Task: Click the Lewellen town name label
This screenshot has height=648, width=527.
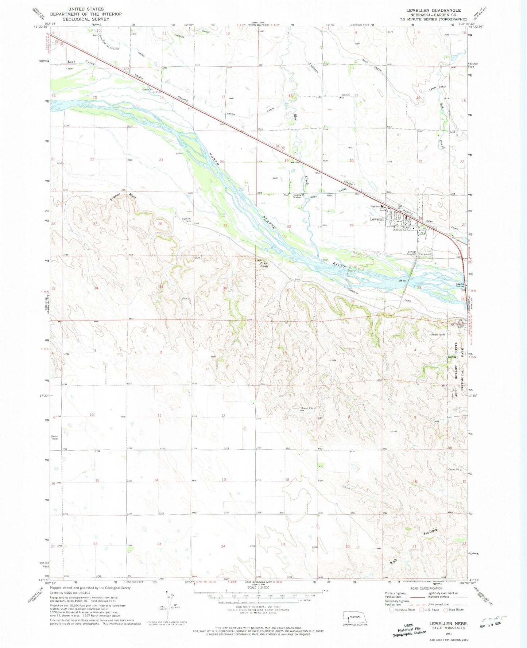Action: pos(377,219)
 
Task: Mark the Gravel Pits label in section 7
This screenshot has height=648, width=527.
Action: pos(307,408)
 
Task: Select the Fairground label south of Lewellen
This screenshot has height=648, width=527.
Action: pos(425,254)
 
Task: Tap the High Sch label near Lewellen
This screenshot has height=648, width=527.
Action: pos(375,207)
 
